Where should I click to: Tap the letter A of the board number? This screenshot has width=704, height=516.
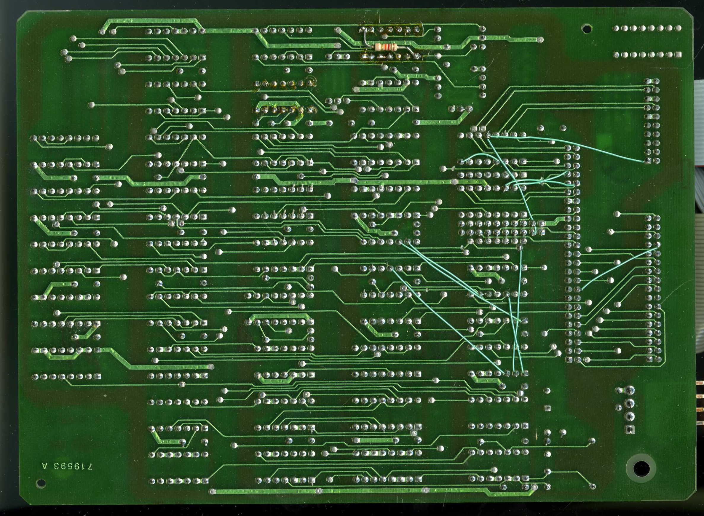coord(46,467)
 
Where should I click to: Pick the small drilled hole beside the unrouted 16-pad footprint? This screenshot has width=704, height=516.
coord(587,29)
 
